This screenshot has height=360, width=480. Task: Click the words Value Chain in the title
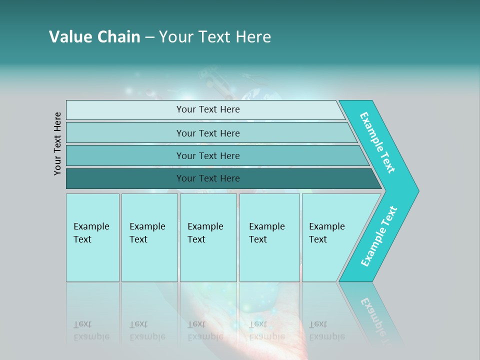click(x=94, y=37)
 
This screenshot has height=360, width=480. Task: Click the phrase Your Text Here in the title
click(x=215, y=37)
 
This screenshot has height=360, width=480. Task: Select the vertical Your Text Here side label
click(x=58, y=143)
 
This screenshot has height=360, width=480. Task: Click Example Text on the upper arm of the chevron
click(x=377, y=142)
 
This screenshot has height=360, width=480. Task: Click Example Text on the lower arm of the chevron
click(x=379, y=236)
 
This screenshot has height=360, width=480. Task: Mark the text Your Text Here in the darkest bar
click(x=208, y=178)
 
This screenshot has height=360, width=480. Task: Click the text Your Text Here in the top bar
click(x=208, y=109)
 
